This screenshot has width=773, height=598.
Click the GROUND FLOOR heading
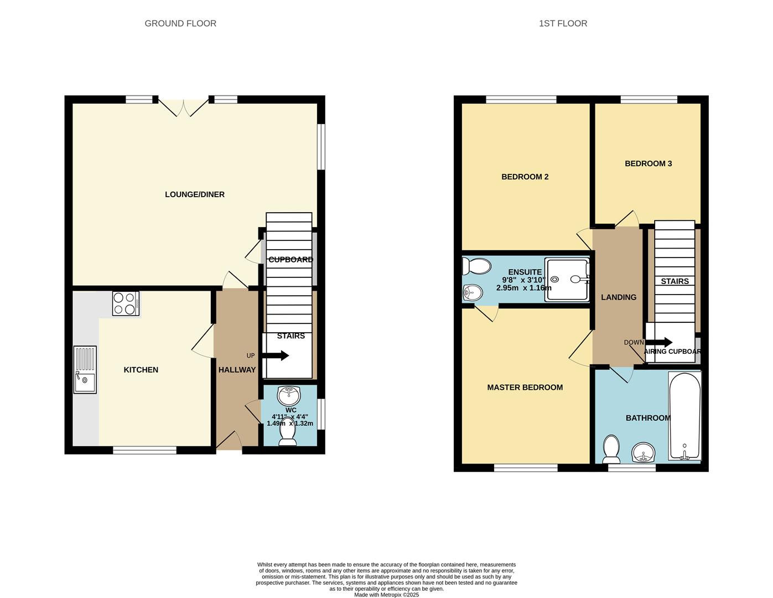(180, 23)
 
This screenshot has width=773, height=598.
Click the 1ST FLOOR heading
(563, 23)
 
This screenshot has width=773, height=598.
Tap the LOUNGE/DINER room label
(195, 194)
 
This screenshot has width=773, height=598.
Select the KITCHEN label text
(141, 370)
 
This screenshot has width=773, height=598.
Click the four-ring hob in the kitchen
(126, 303)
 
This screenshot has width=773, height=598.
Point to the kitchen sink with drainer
(85, 369)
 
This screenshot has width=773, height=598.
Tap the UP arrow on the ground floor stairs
(277, 355)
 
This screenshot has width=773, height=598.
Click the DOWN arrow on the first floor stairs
(659, 343)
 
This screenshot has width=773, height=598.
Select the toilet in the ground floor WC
(288, 433)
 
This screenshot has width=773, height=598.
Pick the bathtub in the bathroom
(685, 416)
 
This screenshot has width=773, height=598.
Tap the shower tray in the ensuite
(567, 280)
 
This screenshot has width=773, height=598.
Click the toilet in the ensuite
(477, 267)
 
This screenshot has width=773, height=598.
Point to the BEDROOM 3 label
(648, 163)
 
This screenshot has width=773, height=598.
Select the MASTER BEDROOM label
(525, 388)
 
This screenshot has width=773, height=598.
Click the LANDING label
(619, 297)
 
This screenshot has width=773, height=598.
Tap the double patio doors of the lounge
(184, 107)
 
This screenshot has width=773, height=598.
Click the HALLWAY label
(237, 370)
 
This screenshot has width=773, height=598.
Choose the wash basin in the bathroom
(643, 452)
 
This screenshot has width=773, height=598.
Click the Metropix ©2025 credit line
(386, 595)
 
